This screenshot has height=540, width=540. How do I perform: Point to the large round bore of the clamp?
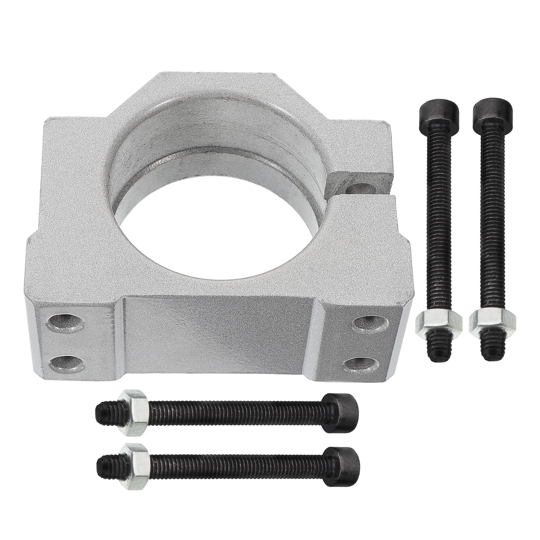click(216, 216)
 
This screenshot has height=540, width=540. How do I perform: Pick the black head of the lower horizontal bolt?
click(343, 461)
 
